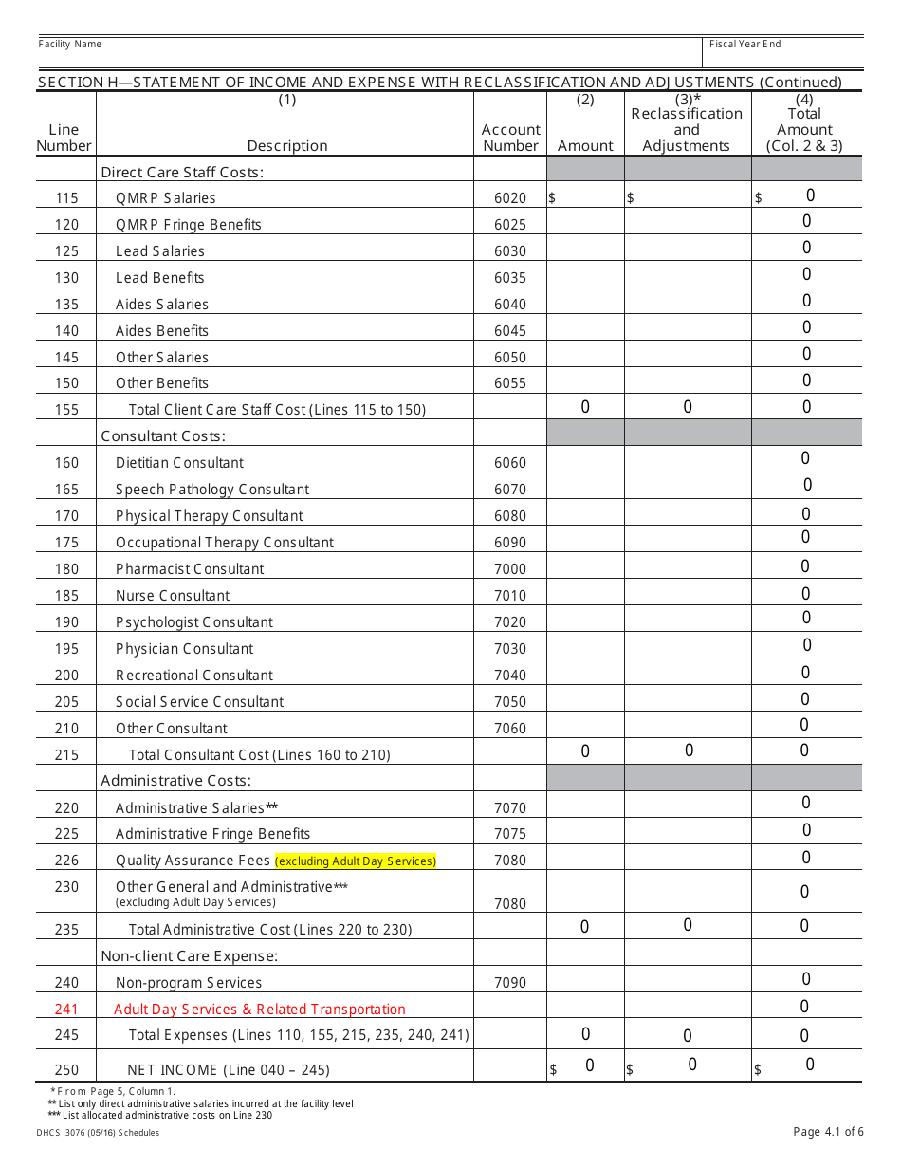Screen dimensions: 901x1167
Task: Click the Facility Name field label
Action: [x=69, y=45]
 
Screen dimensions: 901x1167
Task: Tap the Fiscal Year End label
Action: [x=745, y=45]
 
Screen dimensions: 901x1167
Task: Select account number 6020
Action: [x=509, y=198]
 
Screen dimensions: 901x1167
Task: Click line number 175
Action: [x=66, y=543]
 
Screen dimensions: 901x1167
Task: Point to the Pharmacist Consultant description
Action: [x=190, y=569]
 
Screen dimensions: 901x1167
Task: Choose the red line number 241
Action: [x=66, y=1010]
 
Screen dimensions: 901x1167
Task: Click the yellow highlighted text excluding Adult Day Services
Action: [x=356, y=861]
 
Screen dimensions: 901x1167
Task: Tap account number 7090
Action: [x=509, y=983]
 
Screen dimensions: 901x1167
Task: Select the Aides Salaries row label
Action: [x=162, y=305]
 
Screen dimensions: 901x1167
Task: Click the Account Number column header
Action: [x=510, y=138]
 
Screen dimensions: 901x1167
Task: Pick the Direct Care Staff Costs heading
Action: [x=182, y=172]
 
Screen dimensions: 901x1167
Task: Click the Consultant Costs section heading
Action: [x=163, y=436]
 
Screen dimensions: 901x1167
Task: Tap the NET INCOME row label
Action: [x=229, y=1070]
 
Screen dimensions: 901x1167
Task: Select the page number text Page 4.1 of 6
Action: [x=828, y=1132]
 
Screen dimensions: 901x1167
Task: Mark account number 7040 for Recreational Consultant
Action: [x=509, y=676]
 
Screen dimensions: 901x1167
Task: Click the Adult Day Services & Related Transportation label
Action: [x=260, y=1010]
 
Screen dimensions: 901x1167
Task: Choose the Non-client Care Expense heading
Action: [x=189, y=956]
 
